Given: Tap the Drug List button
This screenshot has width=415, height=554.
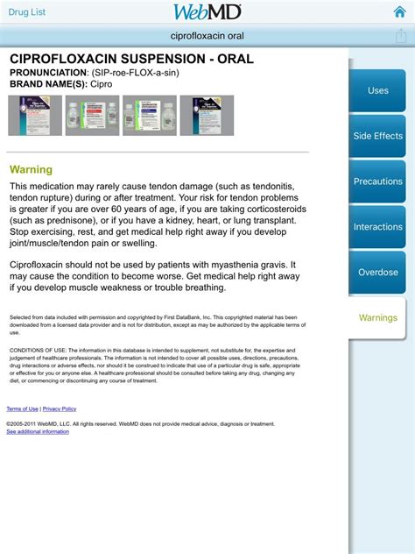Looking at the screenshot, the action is [x=28, y=11].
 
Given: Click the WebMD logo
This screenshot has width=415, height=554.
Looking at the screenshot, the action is [x=207, y=11].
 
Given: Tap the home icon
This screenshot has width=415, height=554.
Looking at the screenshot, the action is [x=399, y=12].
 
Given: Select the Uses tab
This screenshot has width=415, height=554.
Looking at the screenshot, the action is [x=377, y=91].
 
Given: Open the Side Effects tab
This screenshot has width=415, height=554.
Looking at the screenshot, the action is [x=377, y=137].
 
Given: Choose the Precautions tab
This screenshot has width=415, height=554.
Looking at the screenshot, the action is [x=377, y=182].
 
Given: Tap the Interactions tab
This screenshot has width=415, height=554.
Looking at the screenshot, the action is [x=377, y=227].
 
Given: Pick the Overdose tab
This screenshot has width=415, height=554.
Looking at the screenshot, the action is [x=377, y=273].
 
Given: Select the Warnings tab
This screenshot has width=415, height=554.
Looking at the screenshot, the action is [x=377, y=318].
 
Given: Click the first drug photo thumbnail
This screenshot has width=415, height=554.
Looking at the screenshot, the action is [x=35, y=115].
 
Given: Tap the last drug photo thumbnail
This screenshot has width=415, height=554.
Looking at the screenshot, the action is [x=207, y=115].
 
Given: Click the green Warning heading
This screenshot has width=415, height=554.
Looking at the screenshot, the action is [x=31, y=170].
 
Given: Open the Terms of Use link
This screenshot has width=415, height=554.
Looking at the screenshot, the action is [x=22, y=409].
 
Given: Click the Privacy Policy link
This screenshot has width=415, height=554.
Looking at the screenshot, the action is [x=60, y=409].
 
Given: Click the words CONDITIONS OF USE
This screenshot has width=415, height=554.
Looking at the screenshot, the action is [x=32, y=348].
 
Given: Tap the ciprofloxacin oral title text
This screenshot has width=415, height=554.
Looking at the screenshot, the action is [x=207, y=36].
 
